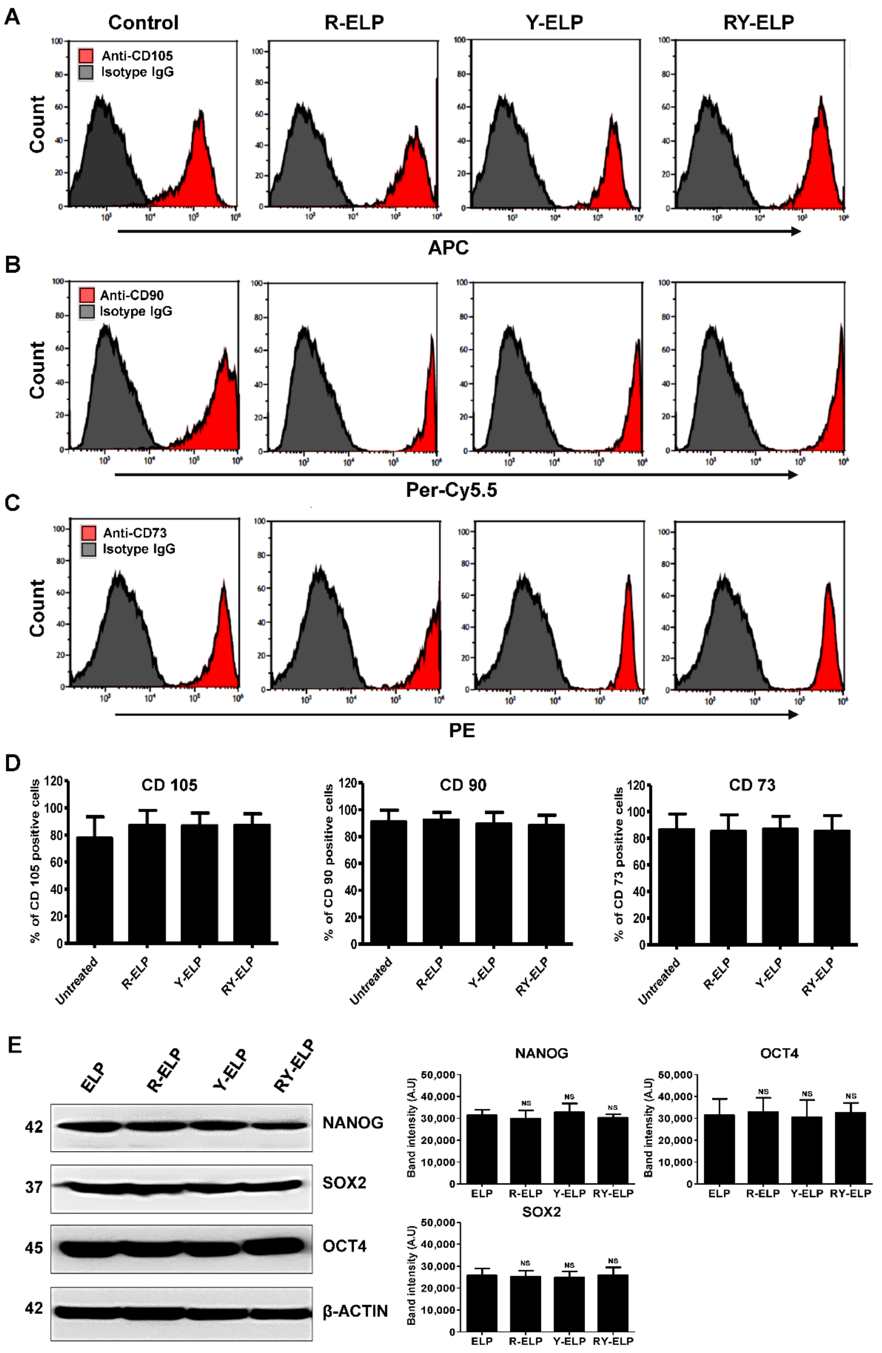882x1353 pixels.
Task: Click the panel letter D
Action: click(x=12, y=763)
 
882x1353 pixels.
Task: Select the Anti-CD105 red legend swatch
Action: click(x=86, y=56)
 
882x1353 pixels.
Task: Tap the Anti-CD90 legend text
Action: click(x=132, y=295)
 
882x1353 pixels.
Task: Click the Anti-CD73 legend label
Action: click(x=135, y=533)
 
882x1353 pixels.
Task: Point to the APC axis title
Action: click(x=448, y=248)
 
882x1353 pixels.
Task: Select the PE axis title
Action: click(x=461, y=730)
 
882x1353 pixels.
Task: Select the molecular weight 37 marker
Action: click(x=34, y=1187)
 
